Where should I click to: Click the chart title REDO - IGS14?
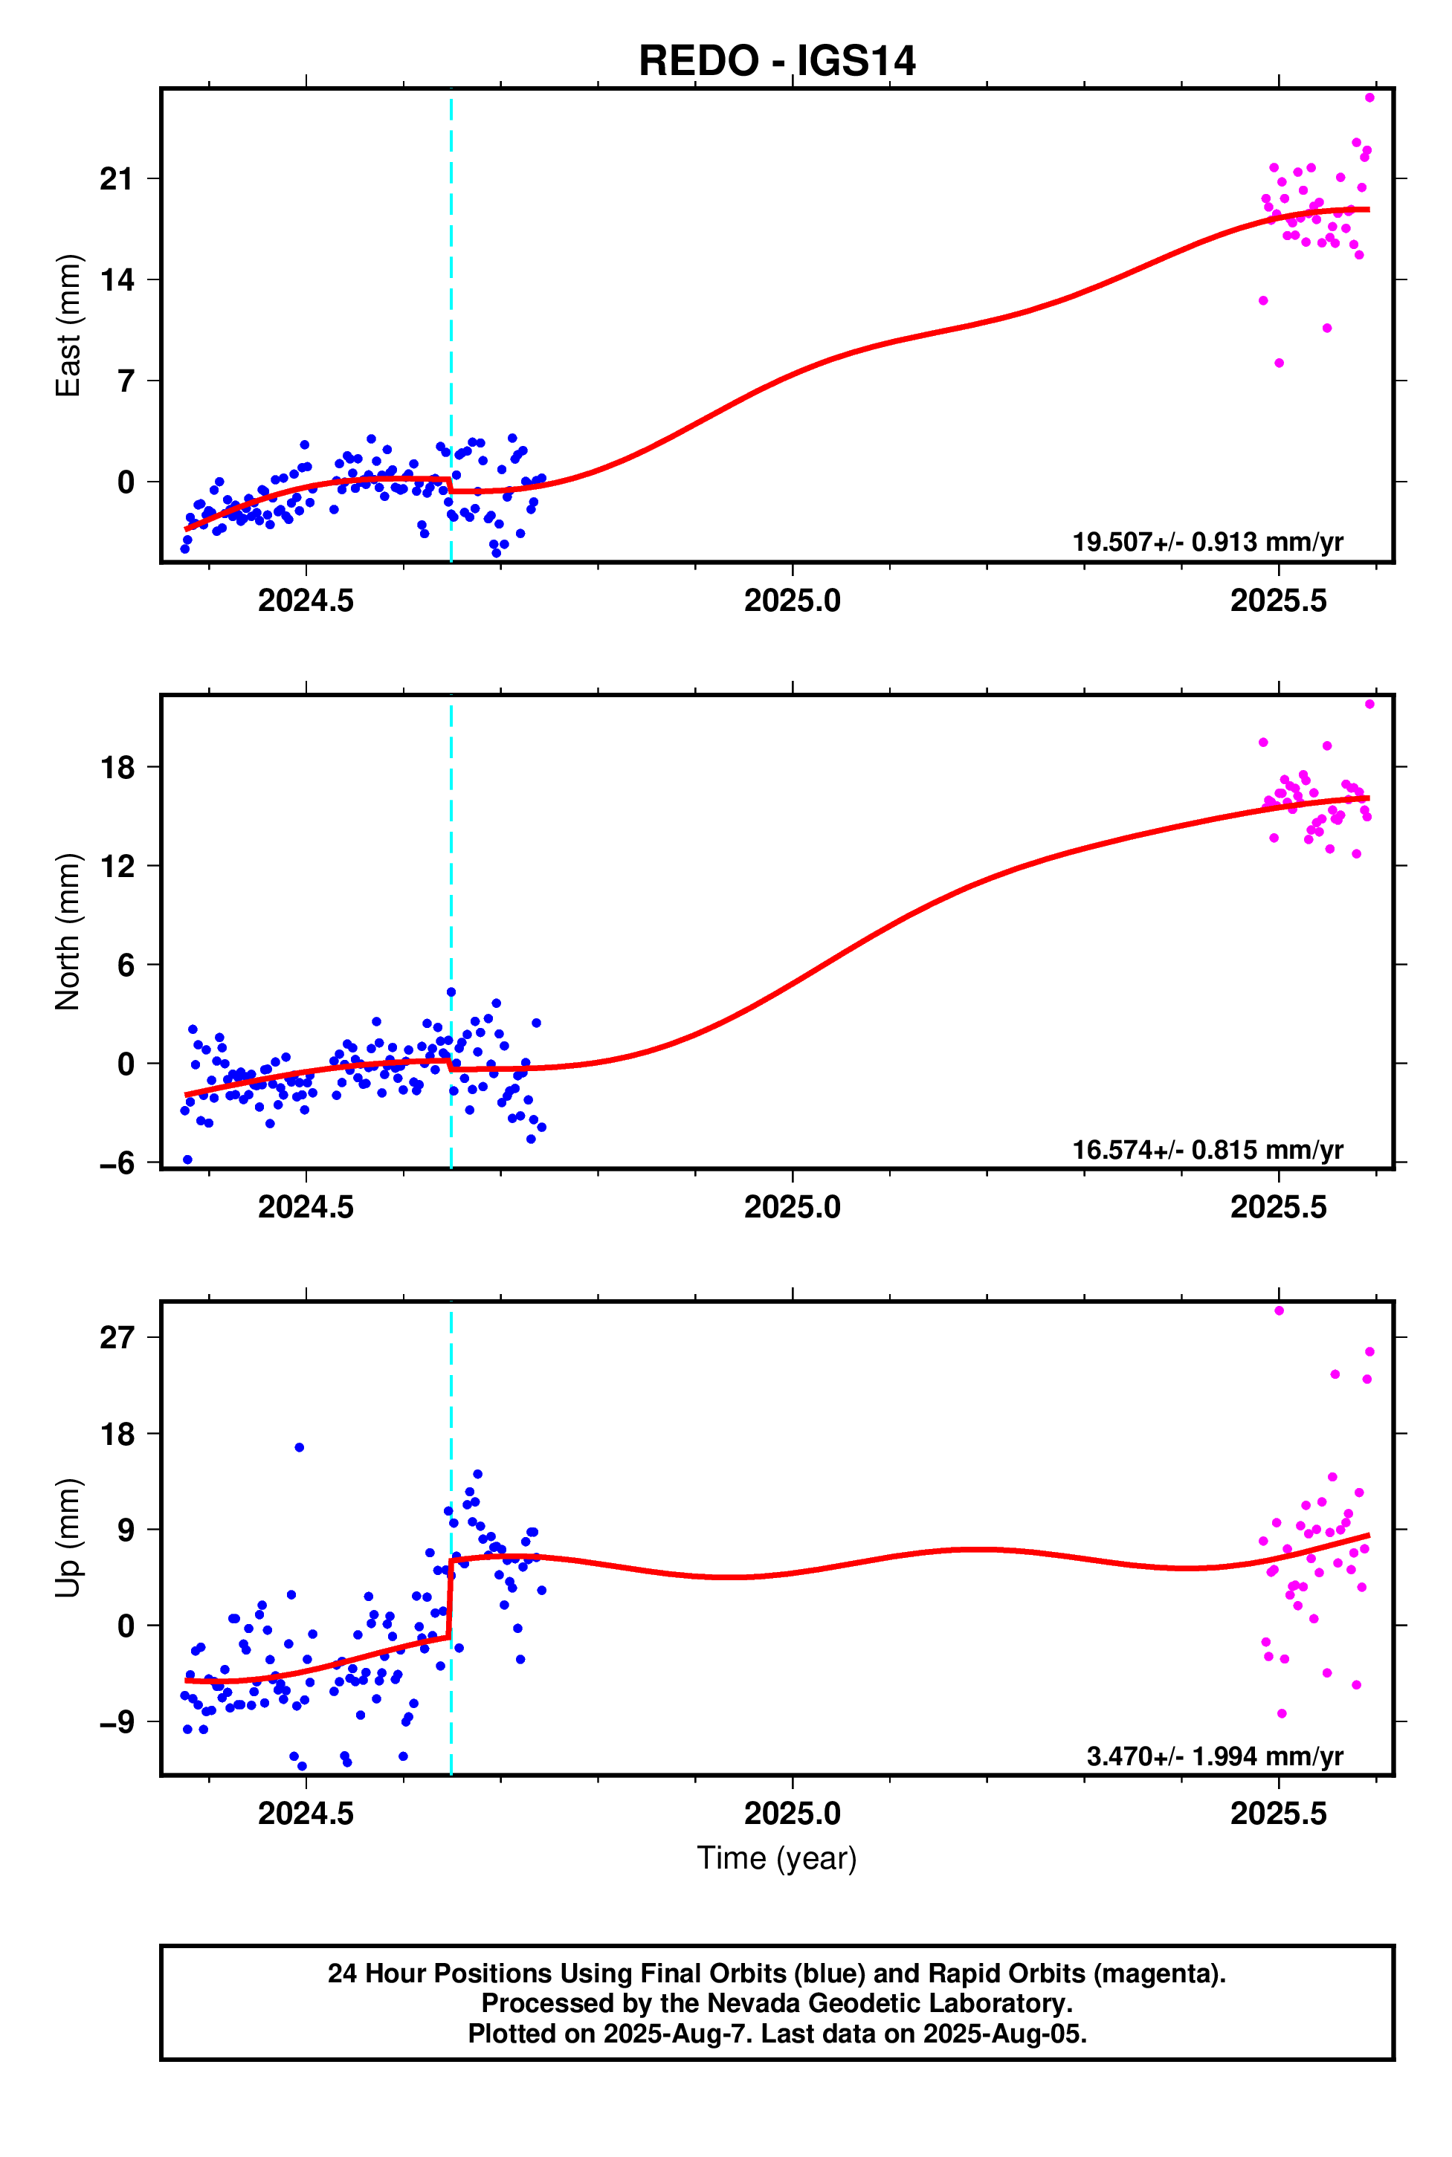(x=776, y=61)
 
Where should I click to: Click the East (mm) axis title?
(x=68, y=326)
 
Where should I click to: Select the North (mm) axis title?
(x=68, y=931)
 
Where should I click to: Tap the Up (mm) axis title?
(x=68, y=1538)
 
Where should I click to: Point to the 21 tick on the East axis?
(x=117, y=178)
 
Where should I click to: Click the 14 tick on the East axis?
(x=117, y=279)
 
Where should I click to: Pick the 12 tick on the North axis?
(x=117, y=867)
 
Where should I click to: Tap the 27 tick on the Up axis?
(x=117, y=1338)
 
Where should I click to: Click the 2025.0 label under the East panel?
(x=792, y=601)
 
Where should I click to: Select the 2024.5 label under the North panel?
(x=306, y=1207)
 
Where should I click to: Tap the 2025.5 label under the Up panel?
(x=1278, y=1814)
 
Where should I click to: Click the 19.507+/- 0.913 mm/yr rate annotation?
(x=1207, y=543)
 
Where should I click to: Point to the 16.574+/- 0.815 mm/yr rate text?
(x=1207, y=1150)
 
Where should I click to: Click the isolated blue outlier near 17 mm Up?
(x=299, y=1448)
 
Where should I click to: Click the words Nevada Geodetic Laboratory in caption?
(x=889, y=2003)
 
